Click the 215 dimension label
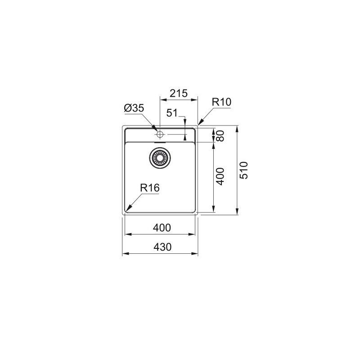(178, 94)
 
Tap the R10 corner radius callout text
(221, 102)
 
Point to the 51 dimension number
(172, 113)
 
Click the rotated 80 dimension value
(220, 135)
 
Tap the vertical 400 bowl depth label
(220, 177)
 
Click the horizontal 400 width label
(162, 228)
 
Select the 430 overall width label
(162, 247)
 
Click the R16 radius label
(150, 189)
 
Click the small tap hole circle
(160, 134)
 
